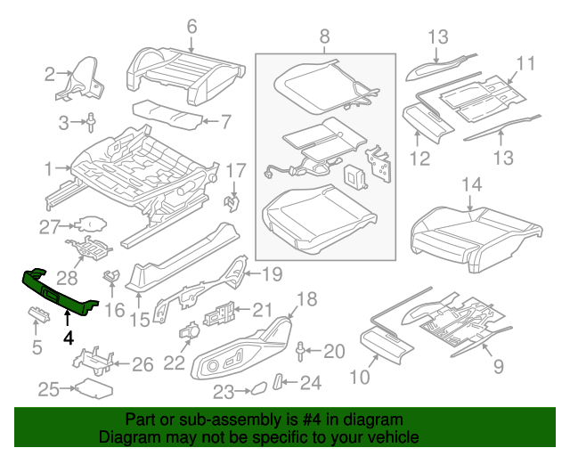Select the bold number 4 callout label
tap(67, 338)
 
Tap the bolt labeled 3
tap(93, 122)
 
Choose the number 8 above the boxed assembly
tap(324, 37)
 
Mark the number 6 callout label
tap(191, 28)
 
